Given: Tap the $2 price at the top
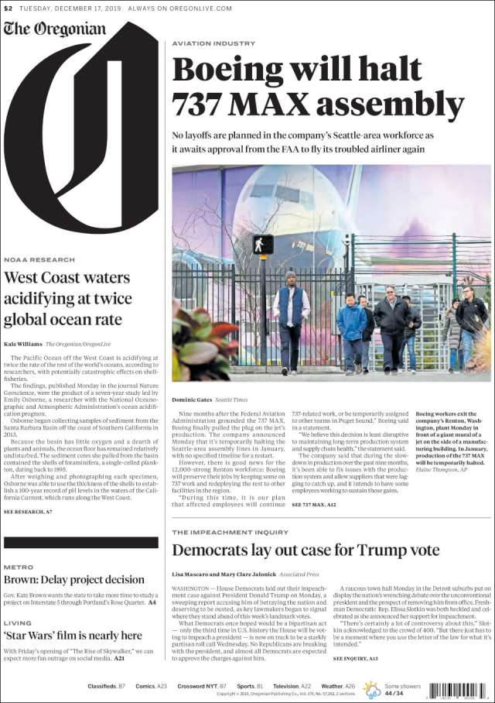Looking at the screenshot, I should (8, 9).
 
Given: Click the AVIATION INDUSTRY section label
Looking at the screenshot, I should (213, 43).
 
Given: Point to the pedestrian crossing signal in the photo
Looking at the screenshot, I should (263, 245).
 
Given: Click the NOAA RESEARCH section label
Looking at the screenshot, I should (39, 259).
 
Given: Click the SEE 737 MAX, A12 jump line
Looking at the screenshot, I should (313, 504).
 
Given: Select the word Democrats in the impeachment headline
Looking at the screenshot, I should (209, 550).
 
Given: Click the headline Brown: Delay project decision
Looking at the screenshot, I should (74, 579).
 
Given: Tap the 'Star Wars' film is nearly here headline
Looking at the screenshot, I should (73, 636).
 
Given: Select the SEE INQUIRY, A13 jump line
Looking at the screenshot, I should (356, 658).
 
